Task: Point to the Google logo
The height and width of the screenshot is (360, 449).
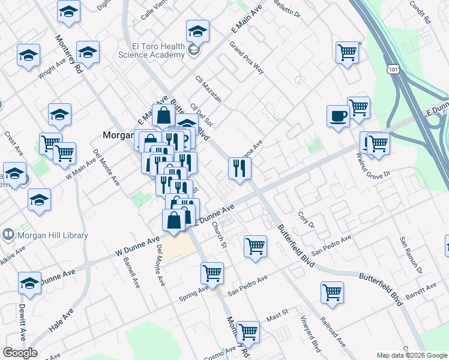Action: tap(20, 353)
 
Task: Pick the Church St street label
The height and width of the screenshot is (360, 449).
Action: tap(218, 236)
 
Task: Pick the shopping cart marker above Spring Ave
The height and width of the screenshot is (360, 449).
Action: tap(212, 273)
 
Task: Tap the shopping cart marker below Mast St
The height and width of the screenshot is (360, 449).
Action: tap(247, 331)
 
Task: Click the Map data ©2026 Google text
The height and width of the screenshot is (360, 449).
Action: tap(411, 355)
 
